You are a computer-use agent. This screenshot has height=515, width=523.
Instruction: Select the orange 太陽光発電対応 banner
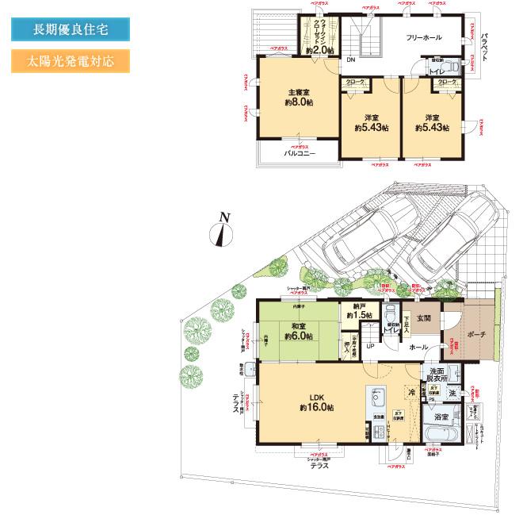coord(70,61)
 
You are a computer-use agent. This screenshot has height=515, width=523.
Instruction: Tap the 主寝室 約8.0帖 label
coord(299,98)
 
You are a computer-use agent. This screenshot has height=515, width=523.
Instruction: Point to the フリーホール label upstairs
coord(424,37)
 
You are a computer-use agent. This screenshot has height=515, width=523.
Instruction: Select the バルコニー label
coord(300,153)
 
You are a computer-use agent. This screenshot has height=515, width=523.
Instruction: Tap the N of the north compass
coord(224,217)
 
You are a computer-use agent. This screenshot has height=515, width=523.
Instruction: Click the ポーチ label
coord(476,334)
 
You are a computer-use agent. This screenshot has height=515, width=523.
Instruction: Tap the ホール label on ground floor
coord(418,348)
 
